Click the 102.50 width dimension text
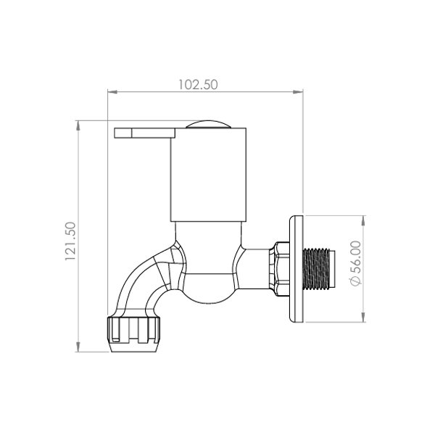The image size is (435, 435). [x=198, y=85]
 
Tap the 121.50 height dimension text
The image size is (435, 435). [x=70, y=241]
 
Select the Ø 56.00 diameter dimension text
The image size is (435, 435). [x=356, y=263]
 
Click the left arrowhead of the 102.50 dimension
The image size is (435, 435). [x=113, y=92]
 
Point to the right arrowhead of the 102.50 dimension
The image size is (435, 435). [x=298, y=92]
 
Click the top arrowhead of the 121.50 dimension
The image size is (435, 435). [x=78, y=126]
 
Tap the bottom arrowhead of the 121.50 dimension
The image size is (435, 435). [x=78, y=347]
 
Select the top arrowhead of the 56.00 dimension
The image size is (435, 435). [x=363, y=221]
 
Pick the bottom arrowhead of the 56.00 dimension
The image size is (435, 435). [x=363, y=317]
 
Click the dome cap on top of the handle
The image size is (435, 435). [x=208, y=125]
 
